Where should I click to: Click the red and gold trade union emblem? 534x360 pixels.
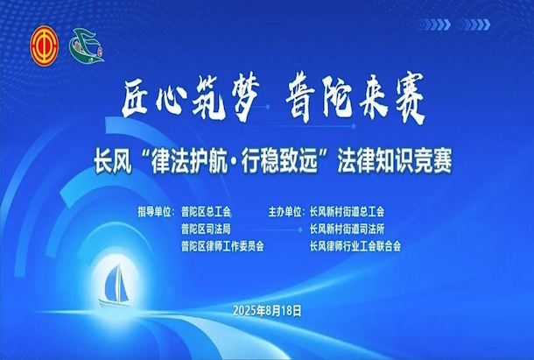point(45,46)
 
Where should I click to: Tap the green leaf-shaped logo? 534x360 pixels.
point(86,46)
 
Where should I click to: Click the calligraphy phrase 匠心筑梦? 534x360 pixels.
point(191,97)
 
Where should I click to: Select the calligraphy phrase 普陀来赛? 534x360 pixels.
point(355,97)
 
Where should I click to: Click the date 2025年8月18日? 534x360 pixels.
point(267,311)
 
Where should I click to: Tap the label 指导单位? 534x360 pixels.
point(154,212)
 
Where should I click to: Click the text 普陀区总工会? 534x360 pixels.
point(206,212)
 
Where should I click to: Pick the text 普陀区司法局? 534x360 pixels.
point(206,229)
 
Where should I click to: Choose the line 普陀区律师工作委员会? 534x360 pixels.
point(222,246)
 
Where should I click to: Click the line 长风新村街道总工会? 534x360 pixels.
point(347,212)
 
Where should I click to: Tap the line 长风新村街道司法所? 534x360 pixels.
point(347,229)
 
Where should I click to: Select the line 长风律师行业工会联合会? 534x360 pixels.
point(355,246)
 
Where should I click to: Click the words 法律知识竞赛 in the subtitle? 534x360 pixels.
point(394,162)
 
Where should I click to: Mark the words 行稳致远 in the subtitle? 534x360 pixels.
point(279,162)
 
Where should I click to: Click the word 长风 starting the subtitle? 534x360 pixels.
point(113,162)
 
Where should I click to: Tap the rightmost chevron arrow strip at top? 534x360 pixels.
point(474,25)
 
